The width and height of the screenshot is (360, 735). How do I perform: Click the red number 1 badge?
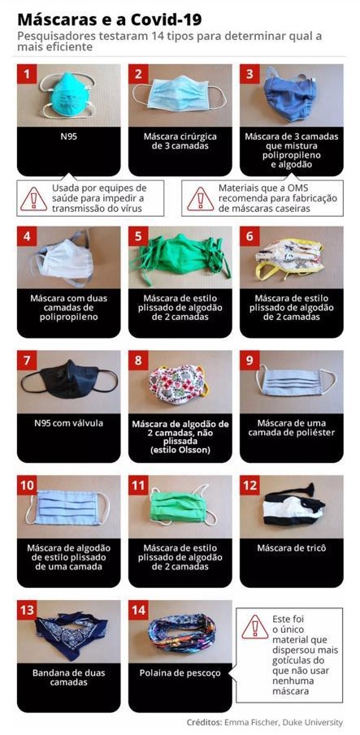coord(27,74)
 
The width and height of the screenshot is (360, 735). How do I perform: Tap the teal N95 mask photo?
coord(68,95)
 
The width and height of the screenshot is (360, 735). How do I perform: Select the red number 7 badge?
coord(27,361)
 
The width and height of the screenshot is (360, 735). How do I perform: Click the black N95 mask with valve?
coord(69,378)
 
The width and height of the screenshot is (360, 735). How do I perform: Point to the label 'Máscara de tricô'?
coord(291,548)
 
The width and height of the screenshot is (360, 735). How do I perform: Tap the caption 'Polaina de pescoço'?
coord(180,673)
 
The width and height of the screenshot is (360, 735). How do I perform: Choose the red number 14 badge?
coord(138,610)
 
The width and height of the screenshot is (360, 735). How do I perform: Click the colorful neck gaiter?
coord(181,633)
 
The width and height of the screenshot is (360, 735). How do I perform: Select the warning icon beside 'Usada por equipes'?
coord(33,199)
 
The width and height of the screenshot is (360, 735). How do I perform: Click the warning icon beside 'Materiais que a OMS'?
coord(200,199)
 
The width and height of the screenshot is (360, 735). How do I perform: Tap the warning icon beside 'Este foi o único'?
coord(255,627)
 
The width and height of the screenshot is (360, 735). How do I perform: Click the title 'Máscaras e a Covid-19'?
coord(111,19)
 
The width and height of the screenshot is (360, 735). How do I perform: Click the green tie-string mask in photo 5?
coord(181,257)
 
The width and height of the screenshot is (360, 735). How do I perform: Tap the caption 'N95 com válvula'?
coord(69,423)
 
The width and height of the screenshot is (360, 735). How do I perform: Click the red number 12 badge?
coord(249,486)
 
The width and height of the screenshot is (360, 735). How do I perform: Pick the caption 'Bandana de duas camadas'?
coord(69,678)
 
